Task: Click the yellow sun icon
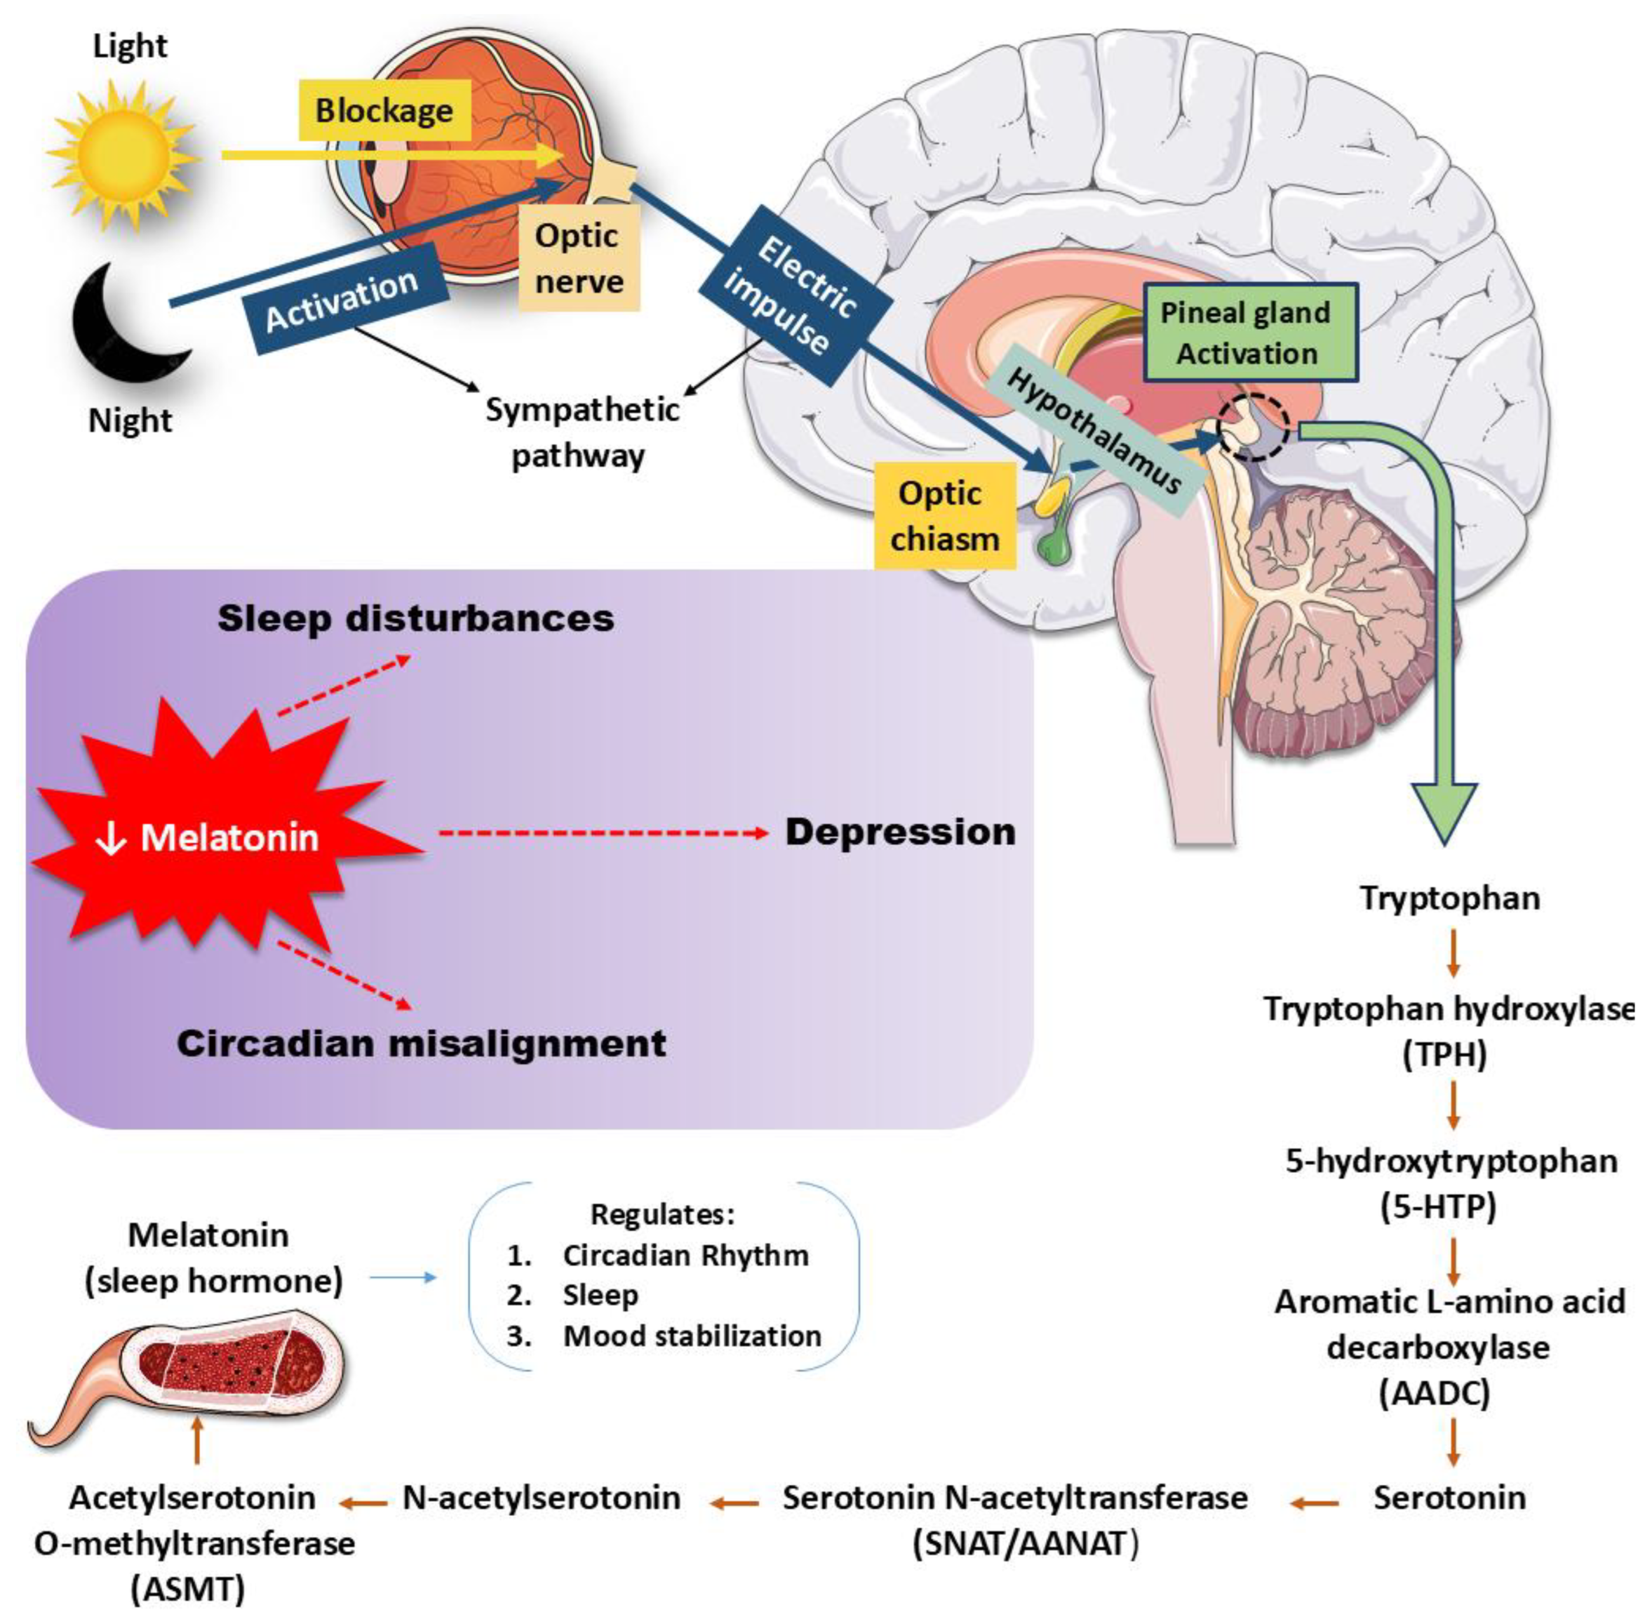[125, 155]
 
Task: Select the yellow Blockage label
[384, 111]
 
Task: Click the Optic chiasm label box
[945, 516]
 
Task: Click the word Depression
[900, 832]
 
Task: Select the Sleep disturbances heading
[416, 617]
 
